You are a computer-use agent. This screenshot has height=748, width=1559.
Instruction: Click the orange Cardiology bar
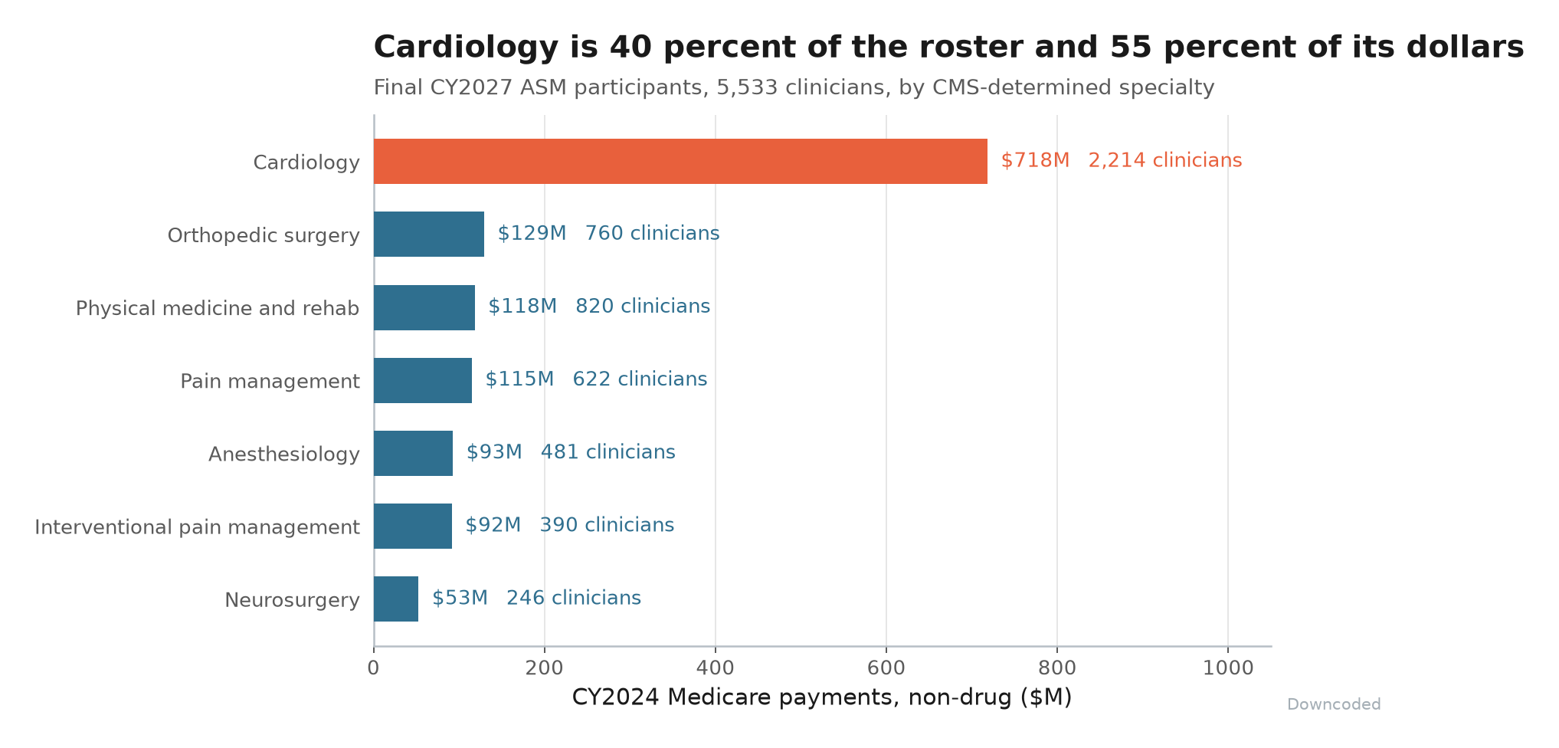[680, 161]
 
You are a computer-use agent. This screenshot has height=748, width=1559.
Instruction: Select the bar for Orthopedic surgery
[429, 234]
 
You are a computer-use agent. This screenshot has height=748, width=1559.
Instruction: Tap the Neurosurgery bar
[396, 599]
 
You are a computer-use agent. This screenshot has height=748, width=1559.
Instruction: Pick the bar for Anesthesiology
[414, 453]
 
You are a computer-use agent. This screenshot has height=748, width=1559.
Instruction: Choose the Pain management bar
[423, 380]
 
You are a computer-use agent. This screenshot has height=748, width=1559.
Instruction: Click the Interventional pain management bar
[413, 526]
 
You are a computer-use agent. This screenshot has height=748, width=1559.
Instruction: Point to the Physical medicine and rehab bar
[424, 307]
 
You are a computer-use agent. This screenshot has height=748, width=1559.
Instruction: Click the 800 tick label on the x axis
[1057, 668]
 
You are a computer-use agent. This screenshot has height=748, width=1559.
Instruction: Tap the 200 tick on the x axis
[545, 668]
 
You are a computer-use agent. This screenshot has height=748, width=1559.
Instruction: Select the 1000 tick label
[1228, 668]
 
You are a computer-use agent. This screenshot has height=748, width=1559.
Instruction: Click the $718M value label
[1035, 160]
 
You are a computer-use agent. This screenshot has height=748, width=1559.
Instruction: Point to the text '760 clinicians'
[653, 233]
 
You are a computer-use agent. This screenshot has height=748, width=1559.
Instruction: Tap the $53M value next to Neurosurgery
[460, 598]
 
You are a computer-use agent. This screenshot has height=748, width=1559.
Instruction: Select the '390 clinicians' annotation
[608, 525]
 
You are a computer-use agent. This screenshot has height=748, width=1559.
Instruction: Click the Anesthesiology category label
[284, 454]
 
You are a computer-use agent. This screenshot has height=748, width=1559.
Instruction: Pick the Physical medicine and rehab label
[218, 308]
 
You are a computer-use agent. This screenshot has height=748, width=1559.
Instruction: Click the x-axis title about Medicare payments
[822, 697]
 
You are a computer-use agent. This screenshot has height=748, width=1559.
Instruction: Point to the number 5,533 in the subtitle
[742, 87]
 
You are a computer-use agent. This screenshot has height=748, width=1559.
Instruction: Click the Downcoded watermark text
[1334, 704]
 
